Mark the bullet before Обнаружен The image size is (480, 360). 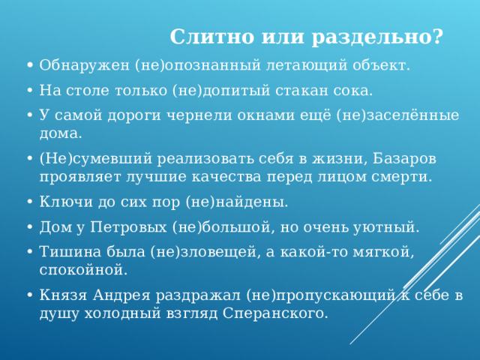pos(28,66)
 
